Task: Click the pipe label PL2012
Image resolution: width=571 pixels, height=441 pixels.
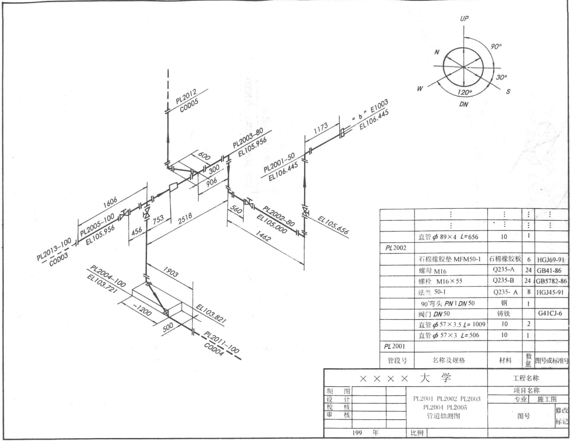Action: coord(186,96)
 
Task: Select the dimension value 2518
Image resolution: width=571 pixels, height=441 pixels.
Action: coord(185,219)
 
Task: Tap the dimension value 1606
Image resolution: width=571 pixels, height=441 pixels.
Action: coord(110,202)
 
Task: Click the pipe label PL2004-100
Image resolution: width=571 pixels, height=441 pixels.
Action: coord(108,276)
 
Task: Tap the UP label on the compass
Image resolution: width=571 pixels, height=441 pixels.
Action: coord(464,18)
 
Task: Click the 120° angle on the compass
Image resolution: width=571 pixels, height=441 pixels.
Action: coord(464,92)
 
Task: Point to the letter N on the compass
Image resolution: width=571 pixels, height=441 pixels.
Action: coord(437,52)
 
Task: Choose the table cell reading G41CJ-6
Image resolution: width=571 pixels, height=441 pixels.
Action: coord(550,313)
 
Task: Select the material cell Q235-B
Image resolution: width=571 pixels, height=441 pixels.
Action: coord(504,281)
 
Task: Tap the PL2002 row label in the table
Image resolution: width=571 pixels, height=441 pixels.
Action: coord(396,248)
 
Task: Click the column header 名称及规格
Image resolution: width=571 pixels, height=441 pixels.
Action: coord(449,360)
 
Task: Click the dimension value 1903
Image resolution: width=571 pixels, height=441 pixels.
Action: coord(170,273)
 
